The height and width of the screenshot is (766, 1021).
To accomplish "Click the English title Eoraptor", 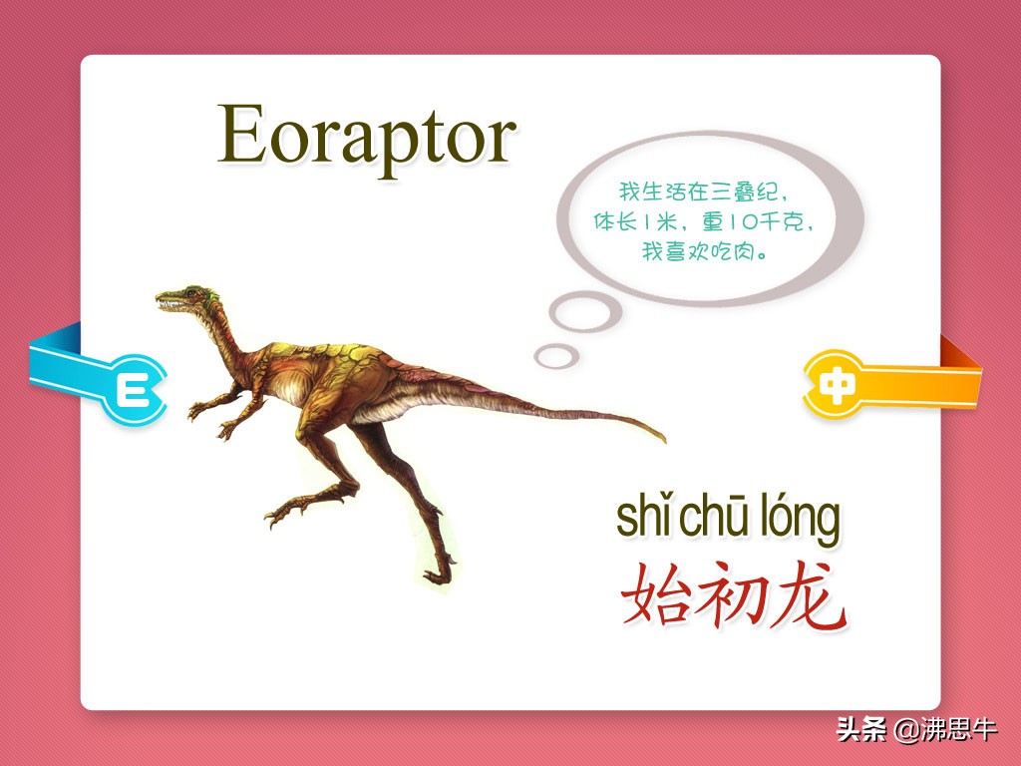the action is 367,139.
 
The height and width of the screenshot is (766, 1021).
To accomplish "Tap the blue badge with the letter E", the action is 133,390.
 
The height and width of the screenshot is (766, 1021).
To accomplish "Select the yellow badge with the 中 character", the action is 836,385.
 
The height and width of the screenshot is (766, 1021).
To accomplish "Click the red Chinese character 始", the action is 654,594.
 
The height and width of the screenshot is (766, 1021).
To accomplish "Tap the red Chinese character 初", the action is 729,595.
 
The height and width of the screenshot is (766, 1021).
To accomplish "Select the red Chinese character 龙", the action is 808,595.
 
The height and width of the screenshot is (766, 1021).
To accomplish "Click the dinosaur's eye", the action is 190,292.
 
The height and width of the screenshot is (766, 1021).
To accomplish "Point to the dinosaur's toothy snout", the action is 170,301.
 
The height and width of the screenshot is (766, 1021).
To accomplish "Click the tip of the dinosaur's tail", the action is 663,440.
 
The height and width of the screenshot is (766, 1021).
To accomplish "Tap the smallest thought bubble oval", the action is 556,356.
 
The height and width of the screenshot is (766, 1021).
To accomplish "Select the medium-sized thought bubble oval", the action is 584,312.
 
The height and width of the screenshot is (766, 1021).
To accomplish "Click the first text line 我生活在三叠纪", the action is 703,191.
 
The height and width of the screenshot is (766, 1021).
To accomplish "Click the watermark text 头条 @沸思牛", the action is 916,729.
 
